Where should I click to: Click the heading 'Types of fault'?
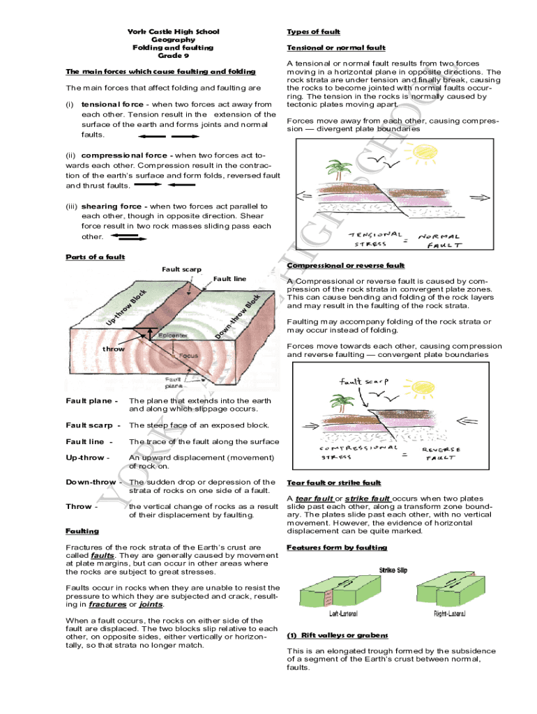click(x=313, y=32)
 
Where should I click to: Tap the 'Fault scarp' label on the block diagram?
click(x=181, y=269)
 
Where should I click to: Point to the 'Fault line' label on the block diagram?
click(x=229, y=279)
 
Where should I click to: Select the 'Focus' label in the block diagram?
click(x=188, y=356)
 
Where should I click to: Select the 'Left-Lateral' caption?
click(x=345, y=614)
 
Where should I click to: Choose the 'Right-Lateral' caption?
click(x=449, y=614)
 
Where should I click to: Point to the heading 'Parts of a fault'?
click(x=95, y=257)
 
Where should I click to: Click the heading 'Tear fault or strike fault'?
click(x=334, y=483)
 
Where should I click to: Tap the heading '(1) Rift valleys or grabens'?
click(x=338, y=635)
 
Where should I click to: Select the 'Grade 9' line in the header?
click(x=173, y=56)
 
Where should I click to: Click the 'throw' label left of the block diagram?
click(x=114, y=349)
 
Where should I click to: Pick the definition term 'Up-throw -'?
click(x=87, y=457)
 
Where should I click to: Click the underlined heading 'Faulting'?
click(x=82, y=531)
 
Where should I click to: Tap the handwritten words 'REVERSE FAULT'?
click(x=440, y=454)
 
